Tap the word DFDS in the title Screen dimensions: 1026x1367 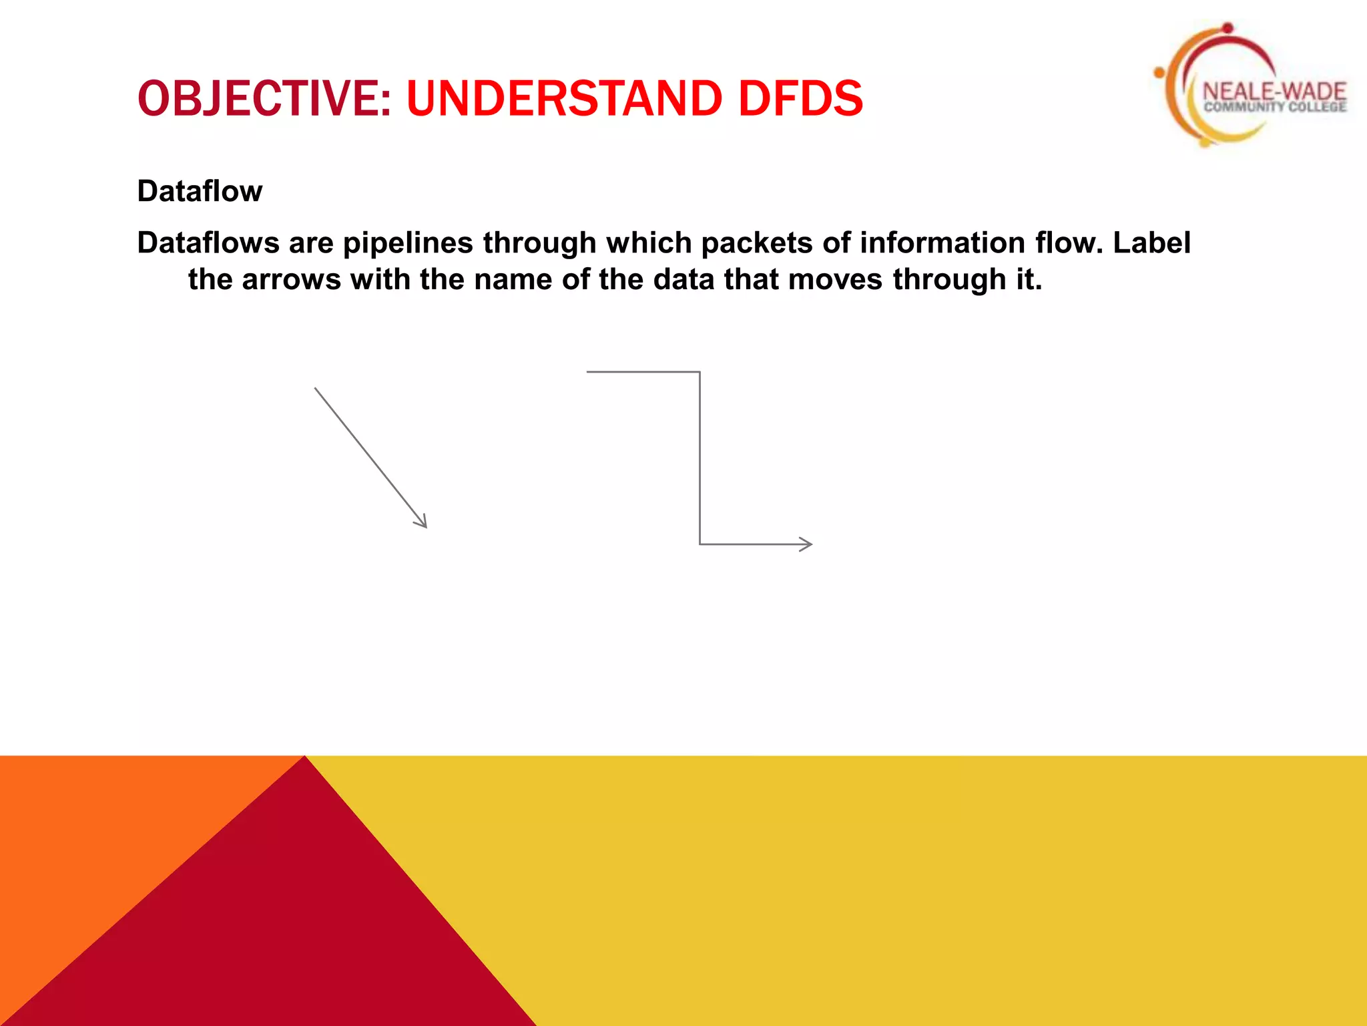[x=800, y=98]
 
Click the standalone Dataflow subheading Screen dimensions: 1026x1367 [x=200, y=191]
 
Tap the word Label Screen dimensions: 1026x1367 [x=1151, y=242]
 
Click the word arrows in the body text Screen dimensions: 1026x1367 [x=292, y=279]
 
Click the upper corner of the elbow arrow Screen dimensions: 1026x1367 [x=700, y=372]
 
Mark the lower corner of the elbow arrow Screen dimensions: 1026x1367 [x=700, y=544]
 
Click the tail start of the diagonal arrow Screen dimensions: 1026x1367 [x=316, y=389]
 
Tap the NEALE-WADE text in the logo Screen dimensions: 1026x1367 [x=1274, y=92]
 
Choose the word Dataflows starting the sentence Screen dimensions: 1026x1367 [x=208, y=242]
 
